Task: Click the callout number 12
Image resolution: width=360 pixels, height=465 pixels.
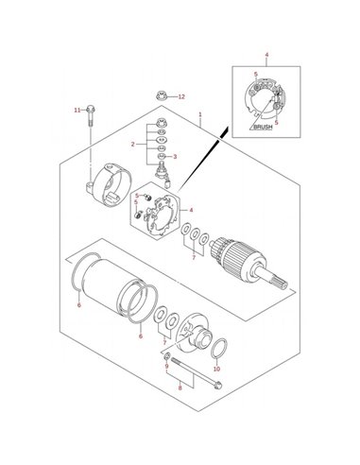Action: pos(181,96)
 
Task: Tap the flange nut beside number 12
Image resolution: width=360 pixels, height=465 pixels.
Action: pos(161,95)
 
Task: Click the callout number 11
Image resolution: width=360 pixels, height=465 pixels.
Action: pos(77,110)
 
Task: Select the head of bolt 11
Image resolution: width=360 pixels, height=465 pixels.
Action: pos(91,110)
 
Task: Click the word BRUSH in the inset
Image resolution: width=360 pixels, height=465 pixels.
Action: pos(263,128)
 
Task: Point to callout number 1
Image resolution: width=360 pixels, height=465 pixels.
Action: pos(199,114)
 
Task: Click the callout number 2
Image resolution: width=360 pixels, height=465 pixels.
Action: pos(133,145)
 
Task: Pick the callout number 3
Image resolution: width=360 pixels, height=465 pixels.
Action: pos(175,157)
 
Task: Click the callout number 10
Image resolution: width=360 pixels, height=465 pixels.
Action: pos(216,369)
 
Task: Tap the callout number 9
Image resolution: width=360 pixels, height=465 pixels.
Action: pos(166,366)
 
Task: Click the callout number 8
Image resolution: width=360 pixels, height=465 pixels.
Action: pos(180,387)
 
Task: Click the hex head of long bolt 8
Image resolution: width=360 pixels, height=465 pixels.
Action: pos(217,385)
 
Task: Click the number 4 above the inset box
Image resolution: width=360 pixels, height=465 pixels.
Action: pos(266,55)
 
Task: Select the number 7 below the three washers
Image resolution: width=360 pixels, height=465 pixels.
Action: pos(194,258)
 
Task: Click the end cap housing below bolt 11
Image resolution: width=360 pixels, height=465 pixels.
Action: pos(109,185)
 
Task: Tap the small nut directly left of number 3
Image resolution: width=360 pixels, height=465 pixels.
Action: pos(161,156)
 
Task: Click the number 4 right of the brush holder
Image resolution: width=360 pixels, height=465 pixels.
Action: pos(191,210)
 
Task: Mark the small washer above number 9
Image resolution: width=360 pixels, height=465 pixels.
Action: pos(167,356)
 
